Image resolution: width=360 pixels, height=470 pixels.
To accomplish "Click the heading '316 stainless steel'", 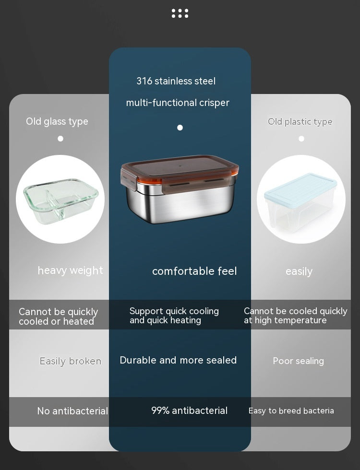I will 176,81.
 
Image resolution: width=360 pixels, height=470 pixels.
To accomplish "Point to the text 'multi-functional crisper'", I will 178,103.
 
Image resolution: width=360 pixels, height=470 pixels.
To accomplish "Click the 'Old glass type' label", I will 57,121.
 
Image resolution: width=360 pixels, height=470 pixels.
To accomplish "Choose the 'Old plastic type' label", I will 300,122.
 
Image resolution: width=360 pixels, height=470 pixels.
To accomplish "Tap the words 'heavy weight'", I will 71,270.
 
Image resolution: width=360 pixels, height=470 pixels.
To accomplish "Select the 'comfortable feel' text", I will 194,271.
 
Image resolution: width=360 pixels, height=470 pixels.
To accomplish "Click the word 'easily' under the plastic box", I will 299,271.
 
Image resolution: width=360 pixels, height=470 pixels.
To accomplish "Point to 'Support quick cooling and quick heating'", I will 174,316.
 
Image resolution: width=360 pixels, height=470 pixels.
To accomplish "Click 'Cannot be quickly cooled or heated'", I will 58,317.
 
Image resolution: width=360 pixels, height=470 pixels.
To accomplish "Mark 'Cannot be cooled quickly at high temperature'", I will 295,316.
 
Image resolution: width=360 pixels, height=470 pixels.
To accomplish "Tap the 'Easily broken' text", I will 71,361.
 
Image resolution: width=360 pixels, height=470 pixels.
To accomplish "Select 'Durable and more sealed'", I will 178,360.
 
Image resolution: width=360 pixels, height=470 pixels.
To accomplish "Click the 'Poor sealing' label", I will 298,361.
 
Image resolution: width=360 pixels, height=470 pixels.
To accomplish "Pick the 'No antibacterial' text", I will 72,411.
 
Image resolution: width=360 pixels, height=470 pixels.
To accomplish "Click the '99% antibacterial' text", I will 189,411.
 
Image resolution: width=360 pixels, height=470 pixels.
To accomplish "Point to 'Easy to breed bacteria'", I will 291,411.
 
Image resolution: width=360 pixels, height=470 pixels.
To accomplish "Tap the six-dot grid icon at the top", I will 180,13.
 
